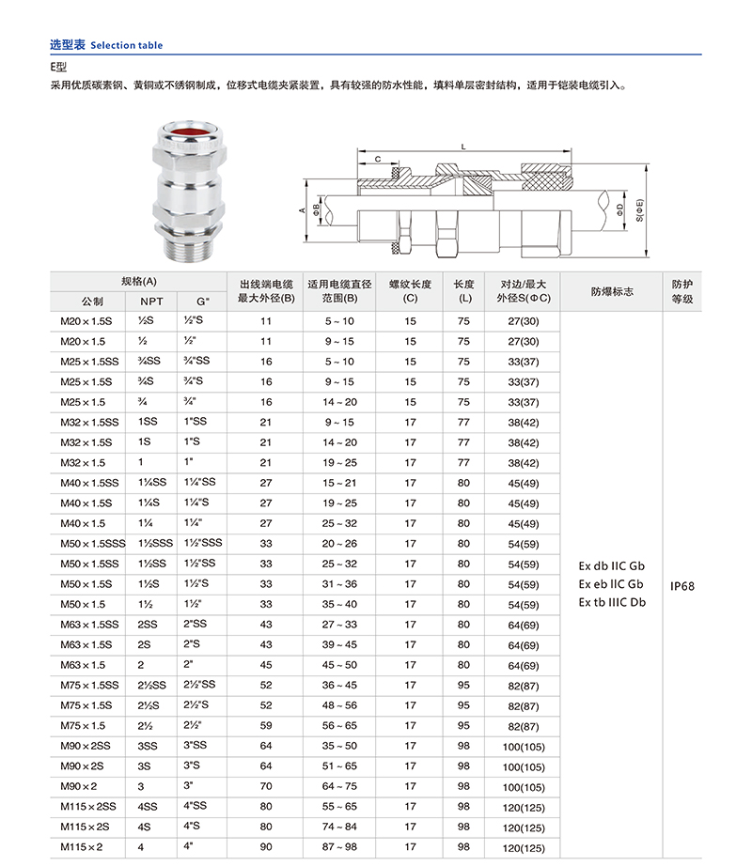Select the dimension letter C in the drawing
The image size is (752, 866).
(377, 161)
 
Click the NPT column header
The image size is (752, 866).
(151, 302)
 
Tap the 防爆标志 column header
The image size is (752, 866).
(612, 291)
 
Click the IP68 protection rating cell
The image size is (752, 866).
(681, 584)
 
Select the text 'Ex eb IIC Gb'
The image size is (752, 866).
(612, 584)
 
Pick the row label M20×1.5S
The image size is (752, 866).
(86, 321)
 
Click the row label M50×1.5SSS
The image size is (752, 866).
(92, 544)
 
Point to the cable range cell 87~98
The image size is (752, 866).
(339, 847)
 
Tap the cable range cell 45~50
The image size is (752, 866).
(339, 665)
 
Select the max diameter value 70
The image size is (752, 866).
(266, 786)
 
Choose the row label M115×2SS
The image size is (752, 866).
(89, 807)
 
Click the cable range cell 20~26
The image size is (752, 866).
(339, 544)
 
